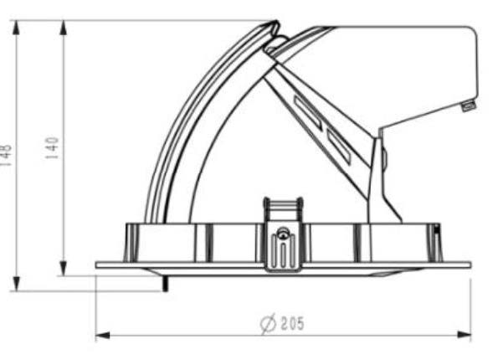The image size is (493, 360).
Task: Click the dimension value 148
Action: pyautogui.click(x=6, y=156)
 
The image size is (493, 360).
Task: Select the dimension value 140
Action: pyautogui.click(x=51, y=148)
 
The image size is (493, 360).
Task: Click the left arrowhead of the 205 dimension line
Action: pyautogui.click(x=101, y=336)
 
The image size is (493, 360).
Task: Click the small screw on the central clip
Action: pyautogui.click(x=284, y=237)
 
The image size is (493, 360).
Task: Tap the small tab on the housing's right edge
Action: pyautogui.click(x=469, y=105)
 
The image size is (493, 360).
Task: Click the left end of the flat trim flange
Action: pyautogui.click(x=98, y=265)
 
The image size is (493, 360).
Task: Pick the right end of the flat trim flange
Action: pyautogui.click(x=469, y=265)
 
